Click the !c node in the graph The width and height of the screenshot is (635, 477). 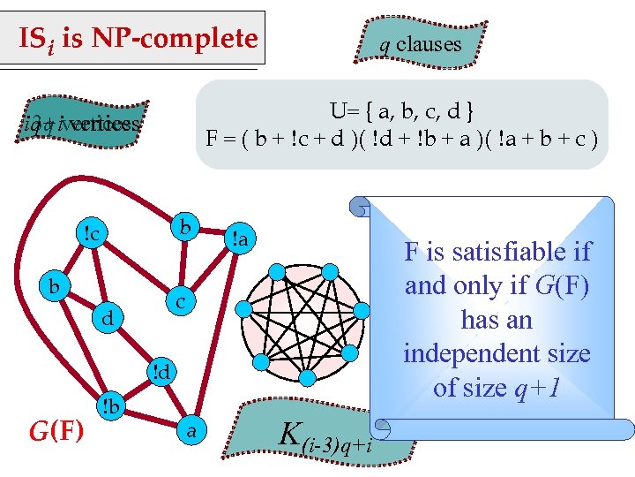(x=91, y=233)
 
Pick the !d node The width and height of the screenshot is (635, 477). (x=161, y=371)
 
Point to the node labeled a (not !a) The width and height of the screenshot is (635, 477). (x=190, y=430)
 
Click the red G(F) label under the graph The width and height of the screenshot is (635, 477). (x=56, y=431)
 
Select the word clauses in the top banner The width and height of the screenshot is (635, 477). (x=429, y=43)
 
